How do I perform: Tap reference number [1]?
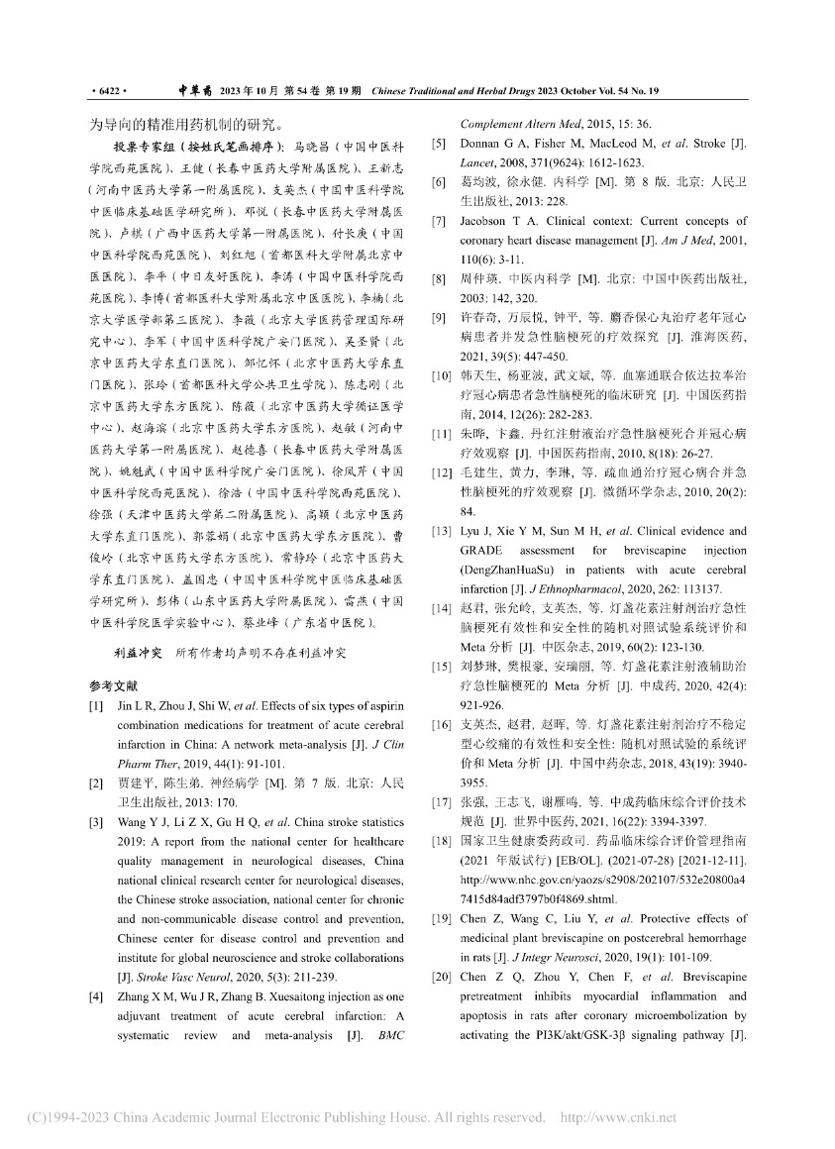tap(95, 705)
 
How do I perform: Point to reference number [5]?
tap(437, 145)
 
